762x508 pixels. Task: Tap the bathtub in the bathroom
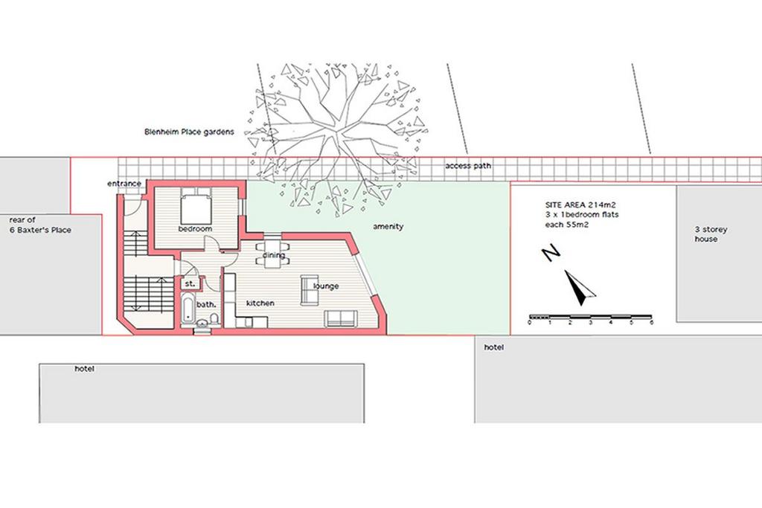pos(187,308)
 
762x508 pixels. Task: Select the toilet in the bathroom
pos(214,318)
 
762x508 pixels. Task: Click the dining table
pos(273,254)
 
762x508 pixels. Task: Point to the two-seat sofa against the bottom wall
pos(339,318)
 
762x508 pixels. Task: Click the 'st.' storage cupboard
pos(190,283)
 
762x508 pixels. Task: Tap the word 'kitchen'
pos(260,303)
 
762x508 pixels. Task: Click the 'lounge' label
pos(326,286)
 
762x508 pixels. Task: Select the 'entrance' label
pos(124,184)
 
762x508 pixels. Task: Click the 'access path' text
pos(468,166)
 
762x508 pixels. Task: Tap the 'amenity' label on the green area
pos(388,226)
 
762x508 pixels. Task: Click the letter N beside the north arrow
pos(551,254)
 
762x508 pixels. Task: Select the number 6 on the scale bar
pos(651,323)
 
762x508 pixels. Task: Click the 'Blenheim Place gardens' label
pos(189,132)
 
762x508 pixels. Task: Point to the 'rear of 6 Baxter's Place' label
pos(40,225)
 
